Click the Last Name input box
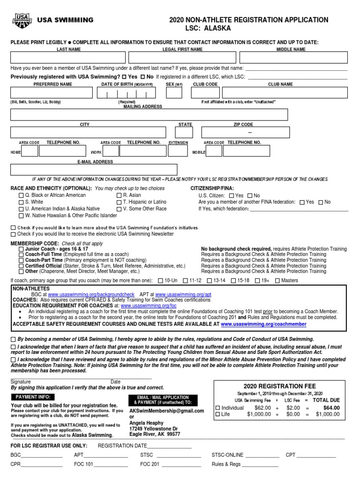[68, 57]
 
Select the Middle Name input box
[293, 57]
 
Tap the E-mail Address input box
[94, 170]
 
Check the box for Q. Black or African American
[21, 195]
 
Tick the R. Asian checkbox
[119, 195]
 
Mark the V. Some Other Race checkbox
[119, 209]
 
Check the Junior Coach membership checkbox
[21, 249]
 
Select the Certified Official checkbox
[21, 266]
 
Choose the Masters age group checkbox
[277, 281]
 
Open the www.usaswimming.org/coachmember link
[263, 324]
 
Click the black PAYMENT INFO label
[32, 397]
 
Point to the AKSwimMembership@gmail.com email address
[166, 411]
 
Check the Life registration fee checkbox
[217, 414]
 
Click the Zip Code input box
[243, 133]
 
